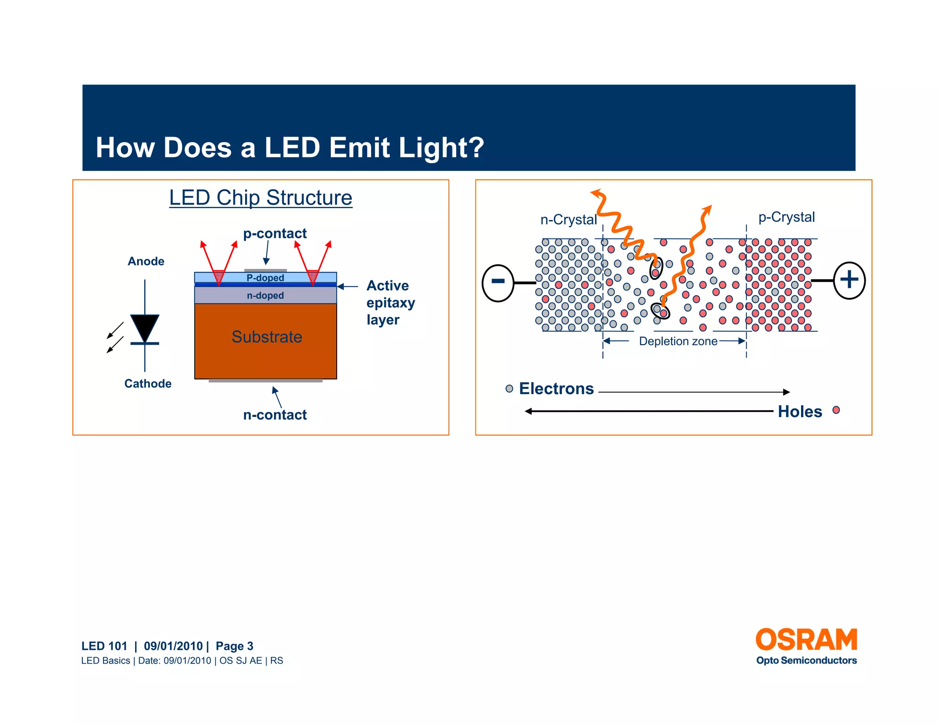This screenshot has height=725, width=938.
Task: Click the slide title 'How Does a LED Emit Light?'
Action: (289, 148)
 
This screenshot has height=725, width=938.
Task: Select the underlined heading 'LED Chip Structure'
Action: (261, 198)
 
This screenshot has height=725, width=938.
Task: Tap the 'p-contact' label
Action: (275, 233)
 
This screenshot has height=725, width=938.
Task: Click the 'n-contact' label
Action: (275, 415)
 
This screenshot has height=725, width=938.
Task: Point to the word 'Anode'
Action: (146, 261)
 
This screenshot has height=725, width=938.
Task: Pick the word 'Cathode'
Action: (147, 384)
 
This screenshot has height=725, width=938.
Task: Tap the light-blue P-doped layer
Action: (265, 277)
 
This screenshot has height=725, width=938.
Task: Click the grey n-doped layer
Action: (265, 296)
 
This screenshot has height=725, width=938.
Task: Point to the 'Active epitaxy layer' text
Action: (390, 302)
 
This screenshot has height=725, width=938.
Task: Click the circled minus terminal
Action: (498, 283)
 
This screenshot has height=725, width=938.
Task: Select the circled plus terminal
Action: (849, 280)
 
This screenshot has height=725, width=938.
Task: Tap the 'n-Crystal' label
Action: (568, 220)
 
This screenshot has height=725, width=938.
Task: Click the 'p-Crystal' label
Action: (786, 217)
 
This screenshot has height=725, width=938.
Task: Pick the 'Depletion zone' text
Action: (678, 341)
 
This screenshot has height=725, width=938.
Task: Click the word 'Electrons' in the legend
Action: (556, 389)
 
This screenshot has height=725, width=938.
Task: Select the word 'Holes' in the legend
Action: (800, 412)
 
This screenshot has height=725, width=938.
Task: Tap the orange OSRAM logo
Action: (806, 640)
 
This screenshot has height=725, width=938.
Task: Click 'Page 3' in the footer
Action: (234, 646)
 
